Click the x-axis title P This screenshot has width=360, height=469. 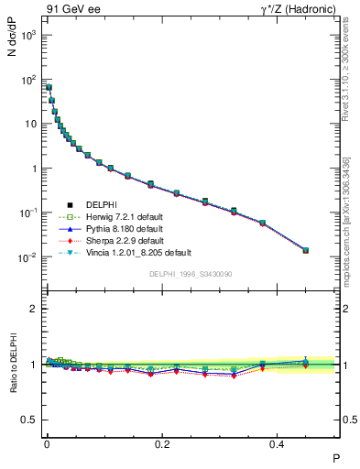pyautogui.click(x=336, y=458)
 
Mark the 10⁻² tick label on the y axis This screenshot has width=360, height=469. pyautogui.click(x=27, y=257)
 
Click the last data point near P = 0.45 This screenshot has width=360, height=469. pyautogui.click(x=306, y=250)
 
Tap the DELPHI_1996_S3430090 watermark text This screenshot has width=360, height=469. pyautogui.click(x=189, y=274)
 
